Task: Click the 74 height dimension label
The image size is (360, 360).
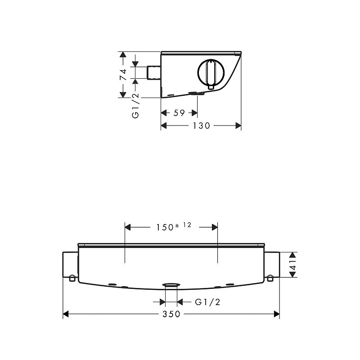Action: (x=123, y=75)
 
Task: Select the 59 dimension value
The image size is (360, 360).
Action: (x=179, y=113)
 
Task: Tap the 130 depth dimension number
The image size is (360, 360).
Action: (x=201, y=126)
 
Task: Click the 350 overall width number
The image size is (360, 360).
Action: (x=171, y=314)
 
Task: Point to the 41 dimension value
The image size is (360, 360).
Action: (x=293, y=265)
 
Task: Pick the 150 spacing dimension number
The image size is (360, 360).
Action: (x=165, y=227)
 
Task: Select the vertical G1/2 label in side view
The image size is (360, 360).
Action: (x=135, y=106)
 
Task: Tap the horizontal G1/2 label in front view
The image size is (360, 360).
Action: (x=207, y=302)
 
